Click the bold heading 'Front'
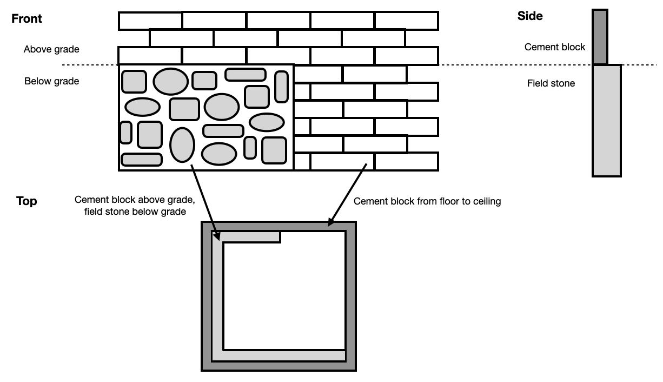tap(26, 19)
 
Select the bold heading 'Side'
tap(530, 16)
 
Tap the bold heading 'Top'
tap(26, 201)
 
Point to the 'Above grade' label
tap(51, 49)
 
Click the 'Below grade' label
tap(51, 81)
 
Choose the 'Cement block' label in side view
tap(554, 47)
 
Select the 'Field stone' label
tap(551, 83)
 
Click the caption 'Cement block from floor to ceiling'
tap(427, 201)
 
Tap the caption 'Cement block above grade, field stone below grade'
tap(135, 206)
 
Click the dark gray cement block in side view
tap(600, 37)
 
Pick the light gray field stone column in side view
tap(606, 120)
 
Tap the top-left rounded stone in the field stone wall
tap(134, 81)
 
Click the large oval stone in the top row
tap(170, 81)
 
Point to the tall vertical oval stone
tap(182, 144)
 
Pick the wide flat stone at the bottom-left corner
tap(141, 159)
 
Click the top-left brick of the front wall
tap(150, 21)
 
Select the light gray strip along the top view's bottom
tap(284, 355)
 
